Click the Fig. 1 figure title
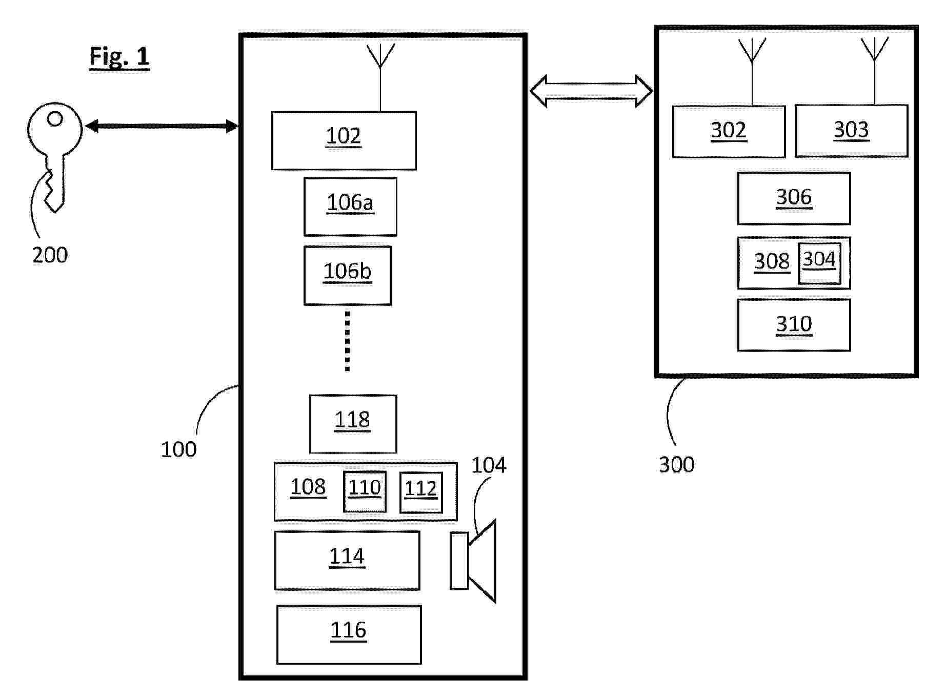click(119, 56)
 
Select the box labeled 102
click(344, 140)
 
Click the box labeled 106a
click(350, 207)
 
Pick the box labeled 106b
click(347, 276)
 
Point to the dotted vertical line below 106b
click(348, 341)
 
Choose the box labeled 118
click(353, 424)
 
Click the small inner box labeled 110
click(365, 491)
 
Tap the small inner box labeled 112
click(421, 492)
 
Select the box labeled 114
click(347, 560)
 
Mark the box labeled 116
click(349, 634)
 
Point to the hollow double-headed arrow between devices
click(591, 91)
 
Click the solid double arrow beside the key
click(162, 126)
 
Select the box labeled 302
click(729, 131)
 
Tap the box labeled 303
click(851, 131)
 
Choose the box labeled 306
click(794, 198)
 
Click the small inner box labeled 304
click(819, 263)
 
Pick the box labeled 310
click(794, 325)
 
